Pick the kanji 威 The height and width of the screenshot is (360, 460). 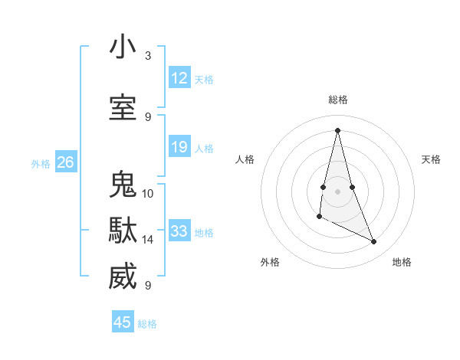click(123, 277)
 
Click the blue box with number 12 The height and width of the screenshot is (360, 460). click(179, 78)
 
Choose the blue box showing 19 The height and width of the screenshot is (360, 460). click(179, 147)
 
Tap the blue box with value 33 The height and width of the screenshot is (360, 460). click(179, 231)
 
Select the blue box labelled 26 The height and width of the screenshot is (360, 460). click(65, 162)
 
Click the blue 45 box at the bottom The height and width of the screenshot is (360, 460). click(123, 322)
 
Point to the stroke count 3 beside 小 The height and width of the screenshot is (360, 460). click(148, 56)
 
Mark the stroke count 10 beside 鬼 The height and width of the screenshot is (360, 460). click(148, 193)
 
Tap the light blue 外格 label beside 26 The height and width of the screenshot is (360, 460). click(41, 163)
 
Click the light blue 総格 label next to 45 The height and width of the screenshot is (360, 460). click(147, 324)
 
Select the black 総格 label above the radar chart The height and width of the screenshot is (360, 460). click(338, 100)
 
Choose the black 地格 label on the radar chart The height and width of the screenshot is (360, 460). click(402, 262)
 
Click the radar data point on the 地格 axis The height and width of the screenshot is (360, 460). click(374, 242)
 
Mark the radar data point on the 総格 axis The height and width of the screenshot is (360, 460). click(337, 130)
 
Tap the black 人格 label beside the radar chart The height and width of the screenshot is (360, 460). click(245, 159)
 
